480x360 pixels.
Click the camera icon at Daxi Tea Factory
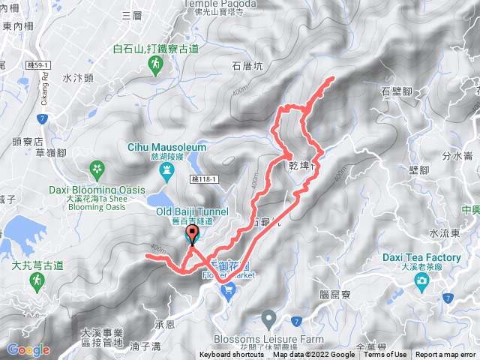coord(421,281)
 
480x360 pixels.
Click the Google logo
coord(28,349)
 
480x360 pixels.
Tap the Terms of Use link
coord(385,355)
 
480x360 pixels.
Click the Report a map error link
coord(445,355)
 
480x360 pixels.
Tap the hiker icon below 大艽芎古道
coord(36,280)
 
